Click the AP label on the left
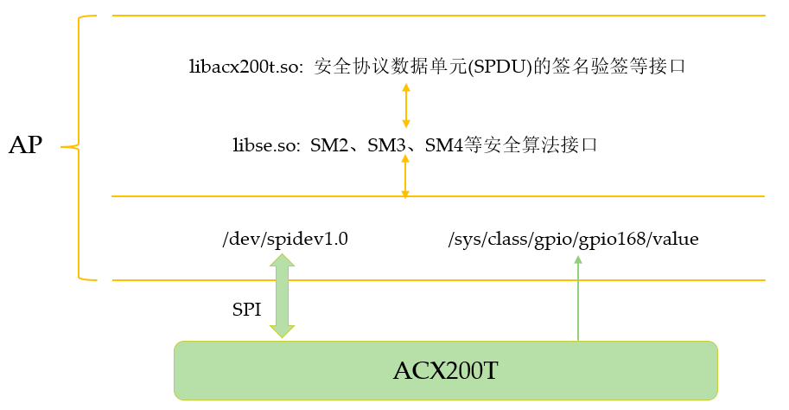click(x=25, y=145)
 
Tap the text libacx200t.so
click(x=245, y=67)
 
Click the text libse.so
click(x=265, y=144)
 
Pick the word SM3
click(x=386, y=144)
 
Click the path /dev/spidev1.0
click(x=285, y=240)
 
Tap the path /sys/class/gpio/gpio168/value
click(x=573, y=240)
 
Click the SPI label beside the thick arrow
click(x=246, y=311)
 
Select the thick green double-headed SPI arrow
click(x=282, y=295)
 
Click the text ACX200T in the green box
click(x=446, y=370)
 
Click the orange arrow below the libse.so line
click(x=405, y=177)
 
